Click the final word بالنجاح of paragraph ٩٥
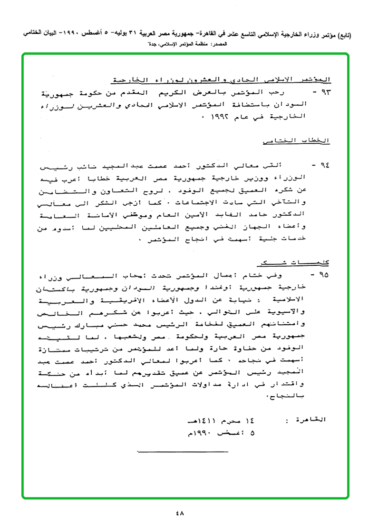point(318,395)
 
